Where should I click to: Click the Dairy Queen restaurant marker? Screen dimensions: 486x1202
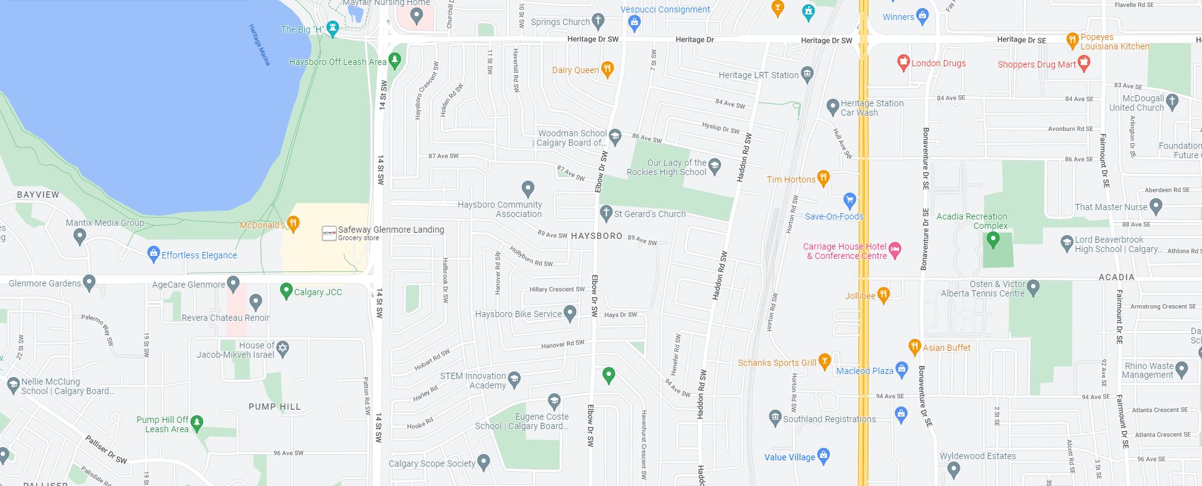click(x=607, y=69)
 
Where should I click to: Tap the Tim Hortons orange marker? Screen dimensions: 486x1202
click(x=823, y=178)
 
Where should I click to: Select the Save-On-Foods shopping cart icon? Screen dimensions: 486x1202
click(x=850, y=200)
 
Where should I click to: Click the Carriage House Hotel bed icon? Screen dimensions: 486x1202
click(x=895, y=250)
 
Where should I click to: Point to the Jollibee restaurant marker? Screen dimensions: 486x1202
click(x=883, y=295)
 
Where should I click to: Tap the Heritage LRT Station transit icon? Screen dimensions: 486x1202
click(x=807, y=74)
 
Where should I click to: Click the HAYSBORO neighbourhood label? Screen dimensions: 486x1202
click(x=597, y=236)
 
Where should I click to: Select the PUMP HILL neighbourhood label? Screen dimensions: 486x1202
click(x=274, y=407)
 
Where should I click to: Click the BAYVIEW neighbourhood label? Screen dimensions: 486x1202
click(x=38, y=195)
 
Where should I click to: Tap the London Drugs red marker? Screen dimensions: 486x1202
click(x=903, y=62)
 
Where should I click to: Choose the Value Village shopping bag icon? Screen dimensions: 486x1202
click(x=824, y=455)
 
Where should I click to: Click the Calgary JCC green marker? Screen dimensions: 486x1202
click(x=286, y=290)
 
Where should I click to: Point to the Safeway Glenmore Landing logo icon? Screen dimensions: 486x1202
click(x=329, y=233)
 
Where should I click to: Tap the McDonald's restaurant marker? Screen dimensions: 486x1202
click(x=292, y=223)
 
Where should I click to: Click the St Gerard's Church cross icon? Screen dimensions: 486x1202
click(x=605, y=213)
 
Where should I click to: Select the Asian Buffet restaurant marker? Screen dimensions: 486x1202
click(x=915, y=347)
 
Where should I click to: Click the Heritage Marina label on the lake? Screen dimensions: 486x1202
click(x=259, y=45)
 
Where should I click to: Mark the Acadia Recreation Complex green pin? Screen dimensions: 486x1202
click(x=992, y=239)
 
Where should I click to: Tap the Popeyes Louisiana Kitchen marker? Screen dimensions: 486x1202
click(x=1072, y=40)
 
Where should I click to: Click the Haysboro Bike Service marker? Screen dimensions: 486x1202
click(x=570, y=313)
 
